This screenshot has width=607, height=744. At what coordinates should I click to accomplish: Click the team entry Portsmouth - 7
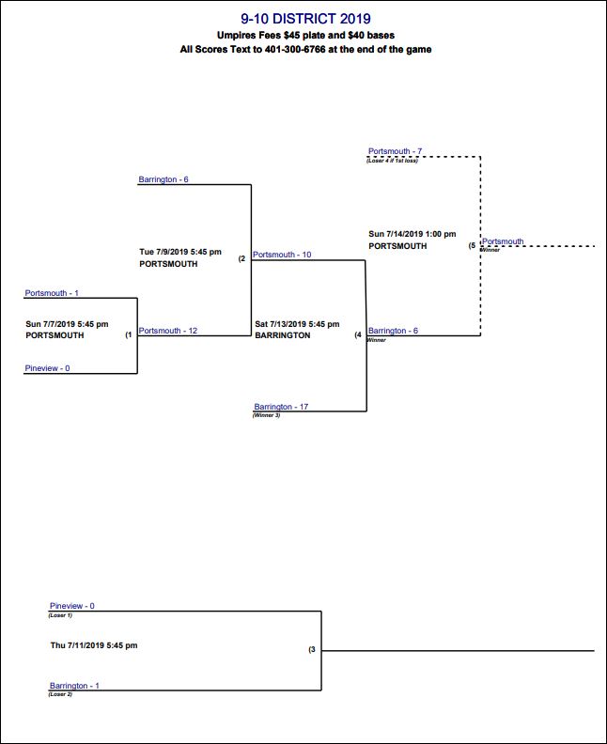coord(395,151)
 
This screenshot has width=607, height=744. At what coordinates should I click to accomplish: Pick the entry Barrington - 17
coord(281,407)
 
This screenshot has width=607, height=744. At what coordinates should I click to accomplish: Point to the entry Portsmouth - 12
coord(168,331)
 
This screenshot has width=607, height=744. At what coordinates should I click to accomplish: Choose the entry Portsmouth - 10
coord(282,255)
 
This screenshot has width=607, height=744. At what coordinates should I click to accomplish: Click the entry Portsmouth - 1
coord(52,294)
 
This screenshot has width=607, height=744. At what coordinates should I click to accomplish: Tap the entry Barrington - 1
coord(74,686)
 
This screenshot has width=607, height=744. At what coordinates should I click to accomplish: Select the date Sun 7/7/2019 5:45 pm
coord(67,324)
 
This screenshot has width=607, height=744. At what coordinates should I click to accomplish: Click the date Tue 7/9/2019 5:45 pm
coord(180,252)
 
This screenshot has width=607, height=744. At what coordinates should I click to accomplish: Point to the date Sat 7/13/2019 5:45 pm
coord(296,324)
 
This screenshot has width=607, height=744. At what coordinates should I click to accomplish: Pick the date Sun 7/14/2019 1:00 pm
coord(412,234)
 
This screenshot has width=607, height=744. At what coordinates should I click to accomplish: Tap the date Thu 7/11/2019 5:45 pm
coord(94,645)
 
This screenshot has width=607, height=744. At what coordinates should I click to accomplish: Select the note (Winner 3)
coord(267,415)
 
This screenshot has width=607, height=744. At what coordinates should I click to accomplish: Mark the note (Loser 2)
coord(60,694)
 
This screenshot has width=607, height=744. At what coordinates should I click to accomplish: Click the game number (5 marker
coord(472,246)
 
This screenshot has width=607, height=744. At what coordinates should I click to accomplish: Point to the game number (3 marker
coord(311,649)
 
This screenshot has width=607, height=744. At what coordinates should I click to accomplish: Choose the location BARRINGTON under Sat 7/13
coord(282,335)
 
